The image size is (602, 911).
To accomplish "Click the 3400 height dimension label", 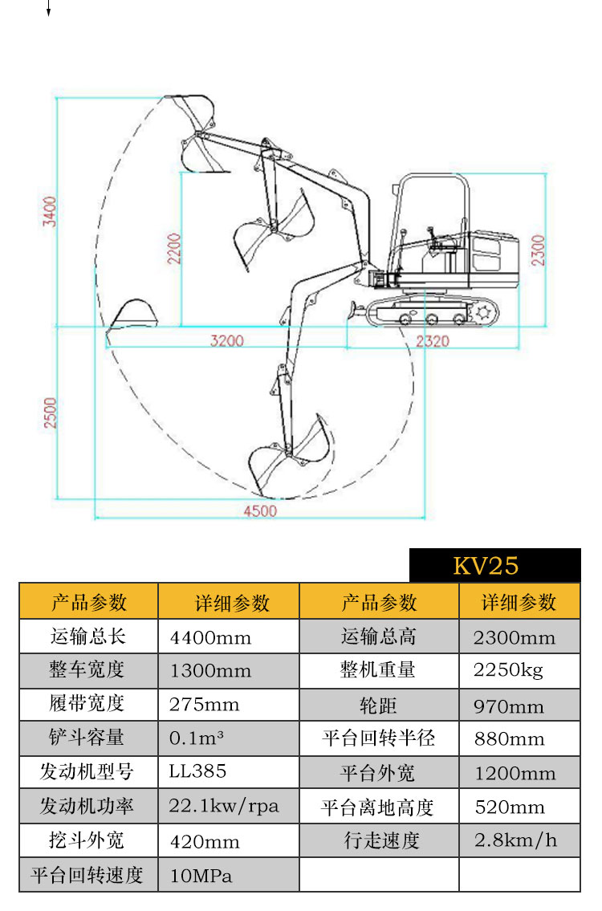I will coord(51,212).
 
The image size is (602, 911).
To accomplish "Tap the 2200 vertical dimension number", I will coord(174,248).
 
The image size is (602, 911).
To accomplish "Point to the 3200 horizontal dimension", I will coord(226,340).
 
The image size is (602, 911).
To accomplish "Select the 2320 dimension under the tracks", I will coord(433,340).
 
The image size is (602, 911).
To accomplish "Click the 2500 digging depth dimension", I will coord(51,413).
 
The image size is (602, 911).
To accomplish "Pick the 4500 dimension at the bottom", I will coord(259,510).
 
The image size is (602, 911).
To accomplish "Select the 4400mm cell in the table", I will coord(210,638).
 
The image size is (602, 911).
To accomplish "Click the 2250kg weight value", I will coord(508,670).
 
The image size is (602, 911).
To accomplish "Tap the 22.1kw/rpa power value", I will coord(224,806).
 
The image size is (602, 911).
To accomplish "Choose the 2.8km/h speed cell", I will coord(515,840).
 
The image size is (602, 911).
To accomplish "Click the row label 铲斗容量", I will coord(88,737).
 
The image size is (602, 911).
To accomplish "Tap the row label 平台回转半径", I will coord(379,738).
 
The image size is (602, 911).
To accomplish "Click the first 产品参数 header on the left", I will coord(88,601).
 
